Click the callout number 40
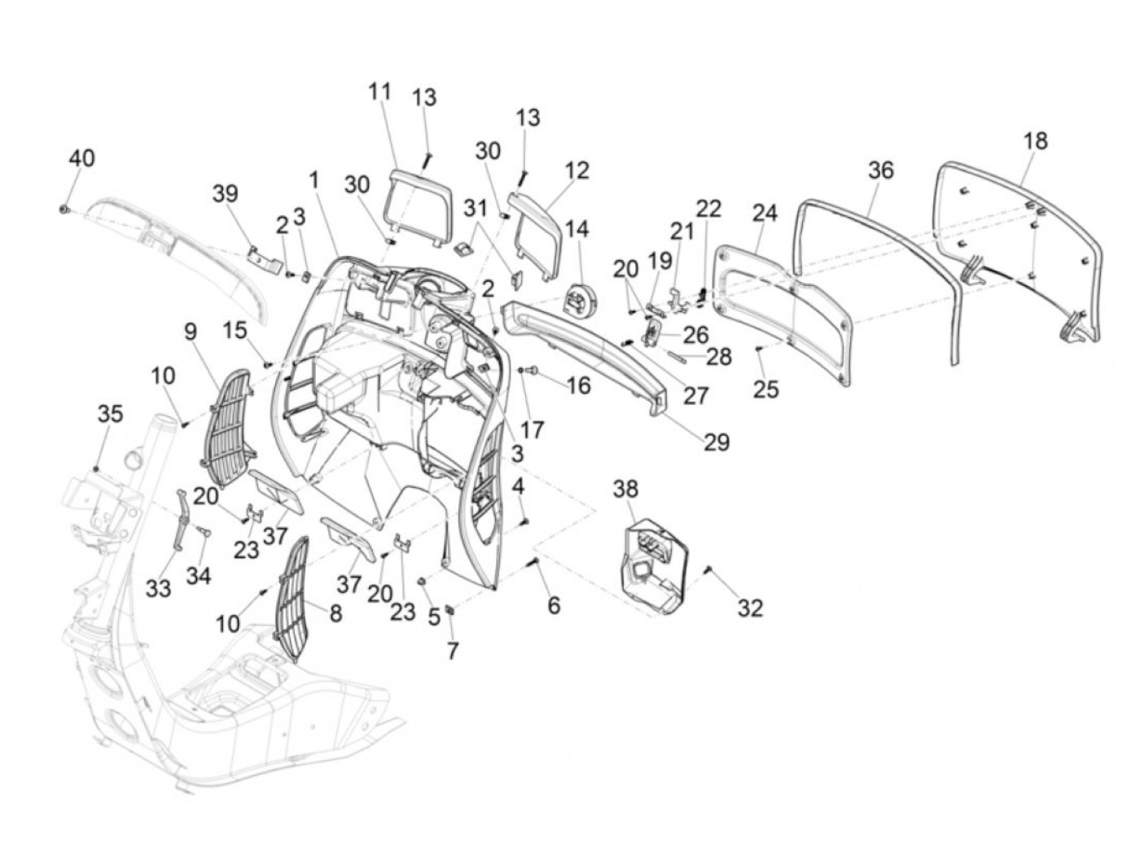(x=82, y=157)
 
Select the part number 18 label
(x=1035, y=141)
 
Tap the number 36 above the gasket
(x=881, y=169)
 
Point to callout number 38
(x=625, y=489)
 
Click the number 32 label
(x=750, y=607)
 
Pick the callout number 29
(x=717, y=442)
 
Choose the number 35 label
(x=110, y=414)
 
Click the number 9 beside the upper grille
(x=191, y=332)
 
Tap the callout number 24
(x=765, y=213)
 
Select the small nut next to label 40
(x=64, y=209)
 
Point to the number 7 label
(x=453, y=650)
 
